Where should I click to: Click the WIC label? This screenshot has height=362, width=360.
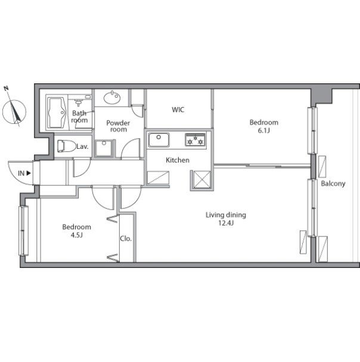(178, 110)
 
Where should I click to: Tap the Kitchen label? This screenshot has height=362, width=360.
(178, 160)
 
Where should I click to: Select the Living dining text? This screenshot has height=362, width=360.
(226, 215)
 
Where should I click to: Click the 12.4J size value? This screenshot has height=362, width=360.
(226, 223)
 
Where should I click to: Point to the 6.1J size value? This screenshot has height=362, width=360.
(264, 130)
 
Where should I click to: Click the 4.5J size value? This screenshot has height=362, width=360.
(76, 235)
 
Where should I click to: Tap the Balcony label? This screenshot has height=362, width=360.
(333, 183)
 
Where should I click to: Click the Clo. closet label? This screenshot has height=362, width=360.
(126, 239)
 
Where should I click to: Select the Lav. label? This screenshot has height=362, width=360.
(82, 146)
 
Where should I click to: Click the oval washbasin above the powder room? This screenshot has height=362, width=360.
(112, 98)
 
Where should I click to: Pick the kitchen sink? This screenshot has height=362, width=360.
(159, 140)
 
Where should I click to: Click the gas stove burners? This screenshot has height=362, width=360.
(195, 140)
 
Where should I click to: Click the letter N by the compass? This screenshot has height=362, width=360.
(6, 88)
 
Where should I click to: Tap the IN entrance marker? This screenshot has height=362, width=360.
(24, 173)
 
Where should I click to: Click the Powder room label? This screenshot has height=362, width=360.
(118, 126)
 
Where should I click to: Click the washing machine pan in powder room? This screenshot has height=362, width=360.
(104, 148)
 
